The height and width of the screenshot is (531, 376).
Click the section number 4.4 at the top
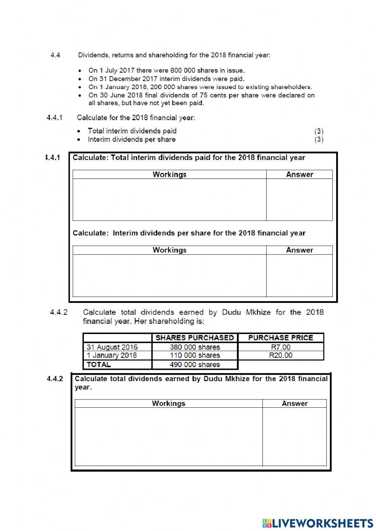[55, 55]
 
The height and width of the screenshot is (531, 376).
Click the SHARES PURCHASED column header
[194, 337]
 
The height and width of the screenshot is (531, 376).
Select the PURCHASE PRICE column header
[280, 337]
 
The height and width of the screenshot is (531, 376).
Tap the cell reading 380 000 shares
[194, 347]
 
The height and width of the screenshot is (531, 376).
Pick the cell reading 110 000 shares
[194, 356]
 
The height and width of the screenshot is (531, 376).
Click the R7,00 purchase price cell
[280, 347]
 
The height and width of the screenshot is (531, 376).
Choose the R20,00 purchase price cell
[280, 356]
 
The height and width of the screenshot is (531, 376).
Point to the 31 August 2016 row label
[112, 347]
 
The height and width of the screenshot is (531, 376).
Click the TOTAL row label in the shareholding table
[99, 365]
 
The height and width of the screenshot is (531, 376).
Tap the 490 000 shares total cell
[194, 365]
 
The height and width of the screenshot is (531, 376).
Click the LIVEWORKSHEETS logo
[317, 523]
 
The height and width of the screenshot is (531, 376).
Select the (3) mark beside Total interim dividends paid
[319, 131]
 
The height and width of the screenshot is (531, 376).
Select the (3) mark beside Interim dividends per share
[319, 139]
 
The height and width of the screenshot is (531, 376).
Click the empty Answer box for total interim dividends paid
[299, 200]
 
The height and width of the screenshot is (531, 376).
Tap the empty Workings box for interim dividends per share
[169, 275]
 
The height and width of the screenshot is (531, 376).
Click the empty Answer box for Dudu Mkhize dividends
[294, 437]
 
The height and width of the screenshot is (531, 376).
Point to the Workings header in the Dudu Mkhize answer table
[168, 404]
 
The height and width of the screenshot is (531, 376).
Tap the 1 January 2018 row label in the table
[112, 356]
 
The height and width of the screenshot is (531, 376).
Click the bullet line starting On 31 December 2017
[166, 79]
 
